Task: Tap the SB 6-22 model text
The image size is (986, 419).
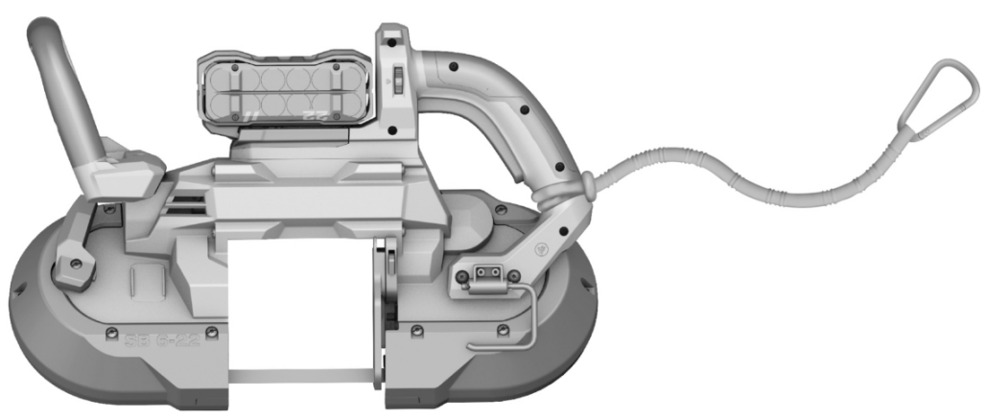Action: [x=162, y=338]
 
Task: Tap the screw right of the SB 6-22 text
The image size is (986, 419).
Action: [x=212, y=333]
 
